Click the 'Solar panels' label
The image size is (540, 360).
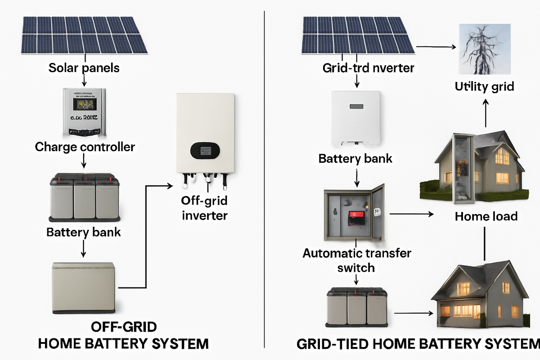pos(84,68)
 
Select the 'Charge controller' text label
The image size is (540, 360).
pos(85,147)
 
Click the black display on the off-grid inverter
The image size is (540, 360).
pos(205,151)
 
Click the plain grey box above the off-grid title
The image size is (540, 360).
pos(84,288)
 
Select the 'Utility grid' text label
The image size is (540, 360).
pos(484,86)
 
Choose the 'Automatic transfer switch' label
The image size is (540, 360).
pos(356,260)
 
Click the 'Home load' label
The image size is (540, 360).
pos(486,216)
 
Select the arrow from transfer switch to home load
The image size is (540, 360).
pos(411,214)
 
